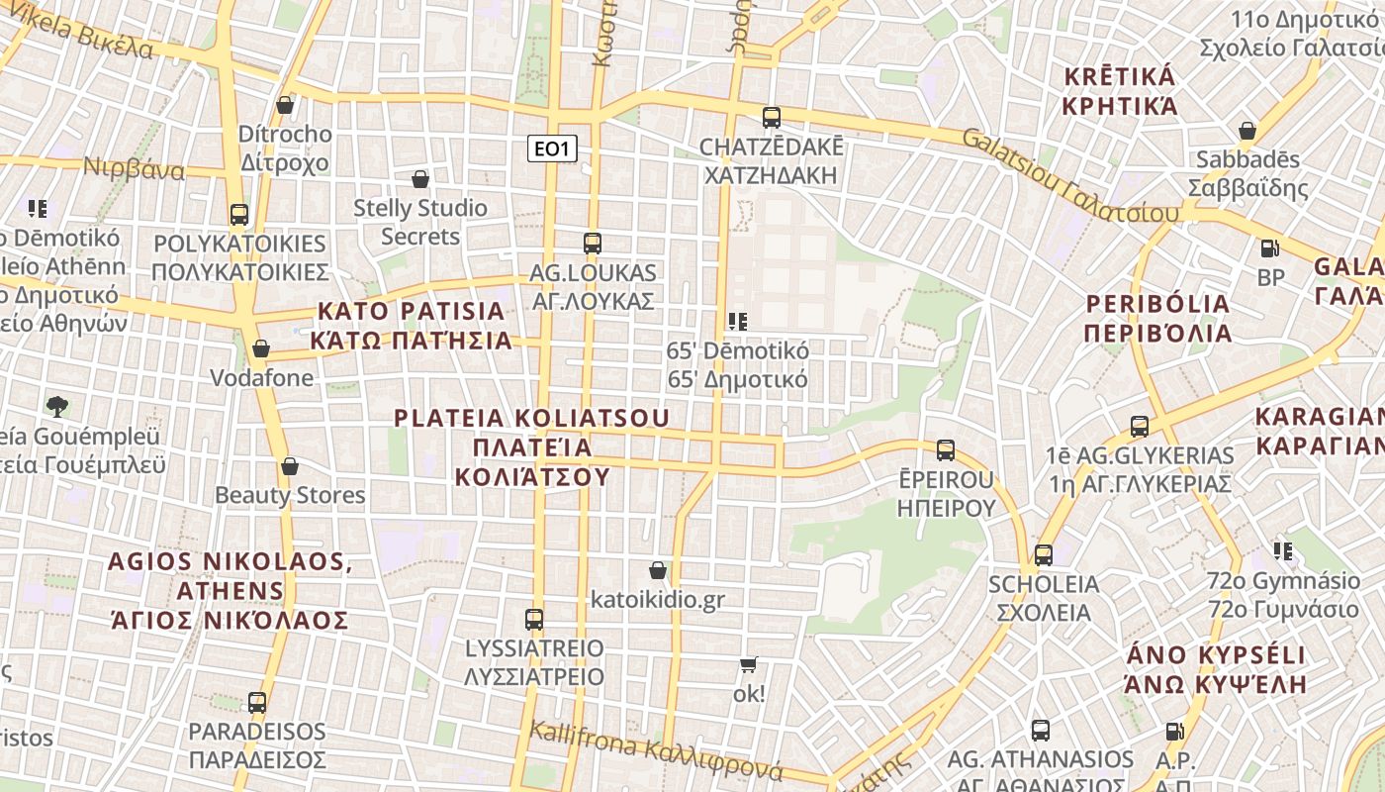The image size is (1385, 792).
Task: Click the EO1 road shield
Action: [x=551, y=149]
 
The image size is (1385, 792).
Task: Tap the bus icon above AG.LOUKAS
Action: [x=593, y=243]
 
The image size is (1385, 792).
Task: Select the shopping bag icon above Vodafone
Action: [x=261, y=348]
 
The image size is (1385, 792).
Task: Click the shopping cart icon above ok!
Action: [x=749, y=665]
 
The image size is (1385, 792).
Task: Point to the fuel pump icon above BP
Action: [x=1270, y=248]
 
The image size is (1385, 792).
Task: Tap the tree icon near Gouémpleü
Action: [x=57, y=406]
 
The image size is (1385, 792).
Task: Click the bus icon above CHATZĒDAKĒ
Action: [x=772, y=117]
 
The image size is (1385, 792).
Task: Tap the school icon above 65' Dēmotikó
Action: [x=737, y=321]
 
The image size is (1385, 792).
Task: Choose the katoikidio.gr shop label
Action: [x=658, y=600]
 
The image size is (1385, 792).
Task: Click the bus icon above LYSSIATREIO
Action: [x=534, y=620]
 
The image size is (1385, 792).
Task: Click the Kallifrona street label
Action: [x=655, y=751]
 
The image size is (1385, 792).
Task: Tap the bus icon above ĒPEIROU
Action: [x=946, y=450]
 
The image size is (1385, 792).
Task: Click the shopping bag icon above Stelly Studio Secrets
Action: [x=420, y=179]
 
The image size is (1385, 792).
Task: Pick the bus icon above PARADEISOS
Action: [x=257, y=703]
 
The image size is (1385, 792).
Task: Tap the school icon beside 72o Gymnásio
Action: [x=1283, y=550]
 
